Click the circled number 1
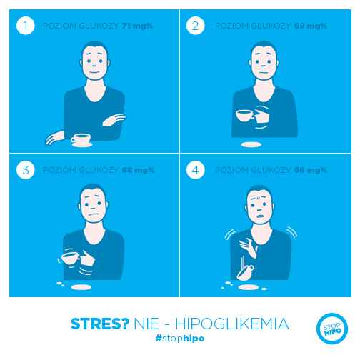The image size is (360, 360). click(26, 26)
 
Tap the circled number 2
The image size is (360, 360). click(195, 26)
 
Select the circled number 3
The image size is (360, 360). click(26, 170)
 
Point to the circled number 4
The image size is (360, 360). click(195, 170)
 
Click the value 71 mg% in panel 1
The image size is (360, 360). click(137, 26)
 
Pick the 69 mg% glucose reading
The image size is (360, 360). click(311, 26)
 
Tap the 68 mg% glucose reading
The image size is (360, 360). click(139, 170)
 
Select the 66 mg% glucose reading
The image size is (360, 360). click(311, 170)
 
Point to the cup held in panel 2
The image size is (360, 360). click(244, 116)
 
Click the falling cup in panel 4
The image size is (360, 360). click(246, 273)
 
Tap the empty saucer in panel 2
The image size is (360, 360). click(251, 144)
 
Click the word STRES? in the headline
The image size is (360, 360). click(100, 324)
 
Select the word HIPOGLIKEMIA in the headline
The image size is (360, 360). click(232, 324)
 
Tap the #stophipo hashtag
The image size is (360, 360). click(180, 338)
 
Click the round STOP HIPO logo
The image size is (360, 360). click(332, 329)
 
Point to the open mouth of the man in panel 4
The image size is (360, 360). click(260, 216)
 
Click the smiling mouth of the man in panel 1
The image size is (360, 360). click(94, 72)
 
